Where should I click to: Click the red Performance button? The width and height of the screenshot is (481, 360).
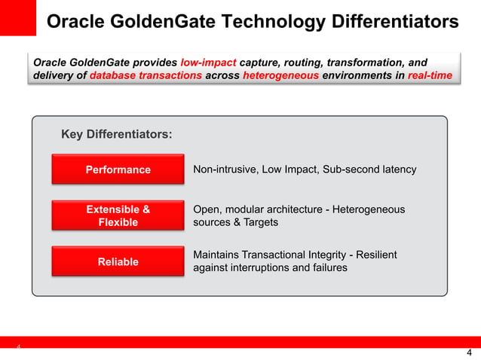point(118,169)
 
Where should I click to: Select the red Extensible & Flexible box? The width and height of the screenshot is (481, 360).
point(118,215)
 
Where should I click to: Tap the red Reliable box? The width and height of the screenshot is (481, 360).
point(118,261)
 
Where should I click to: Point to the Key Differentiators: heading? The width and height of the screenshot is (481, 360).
point(116,135)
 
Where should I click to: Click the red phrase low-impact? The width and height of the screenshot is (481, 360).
point(208,63)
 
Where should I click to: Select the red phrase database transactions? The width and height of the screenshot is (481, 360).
point(146,76)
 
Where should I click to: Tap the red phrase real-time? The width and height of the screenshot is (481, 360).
point(430,76)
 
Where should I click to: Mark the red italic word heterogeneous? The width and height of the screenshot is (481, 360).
point(281,76)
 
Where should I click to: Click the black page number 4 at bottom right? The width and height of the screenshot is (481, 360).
point(469,353)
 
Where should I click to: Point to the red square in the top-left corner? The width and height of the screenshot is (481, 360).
point(17,17)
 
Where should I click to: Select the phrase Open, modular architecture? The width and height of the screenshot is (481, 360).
point(257,209)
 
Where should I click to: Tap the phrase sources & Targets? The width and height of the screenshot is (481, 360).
point(235,222)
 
